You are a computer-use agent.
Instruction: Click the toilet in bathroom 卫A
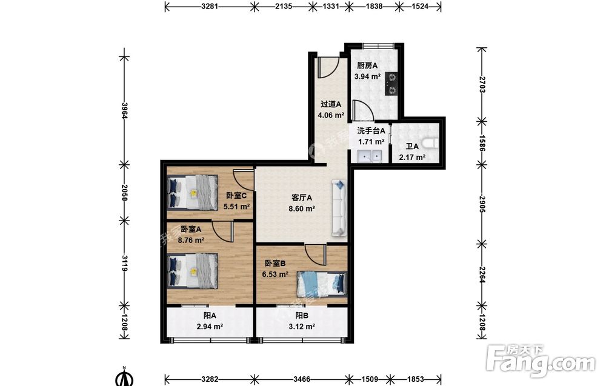pos(430,144)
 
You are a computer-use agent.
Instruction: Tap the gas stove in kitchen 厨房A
pos(391,84)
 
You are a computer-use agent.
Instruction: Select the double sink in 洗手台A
pos(370,156)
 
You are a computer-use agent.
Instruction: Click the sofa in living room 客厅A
pos(339,208)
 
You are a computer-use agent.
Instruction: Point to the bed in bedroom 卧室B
pos(321,284)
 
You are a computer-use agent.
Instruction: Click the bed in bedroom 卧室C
pos(193,193)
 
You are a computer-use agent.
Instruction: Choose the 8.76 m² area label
pos(191,240)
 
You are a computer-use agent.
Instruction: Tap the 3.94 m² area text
pos(368,76)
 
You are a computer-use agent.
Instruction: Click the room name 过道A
pos(331,104)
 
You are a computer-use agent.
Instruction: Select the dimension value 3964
pos(124,110)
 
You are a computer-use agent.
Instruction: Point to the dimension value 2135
pos(283,6)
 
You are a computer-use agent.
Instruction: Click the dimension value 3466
pos(301,379)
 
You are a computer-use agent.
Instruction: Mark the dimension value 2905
pos(482,204)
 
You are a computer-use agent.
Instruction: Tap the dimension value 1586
pos(482,143)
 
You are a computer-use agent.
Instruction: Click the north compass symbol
pos(124,377)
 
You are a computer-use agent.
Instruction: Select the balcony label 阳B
pos(302,316)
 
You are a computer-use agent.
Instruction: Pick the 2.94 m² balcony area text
pos(210,327)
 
